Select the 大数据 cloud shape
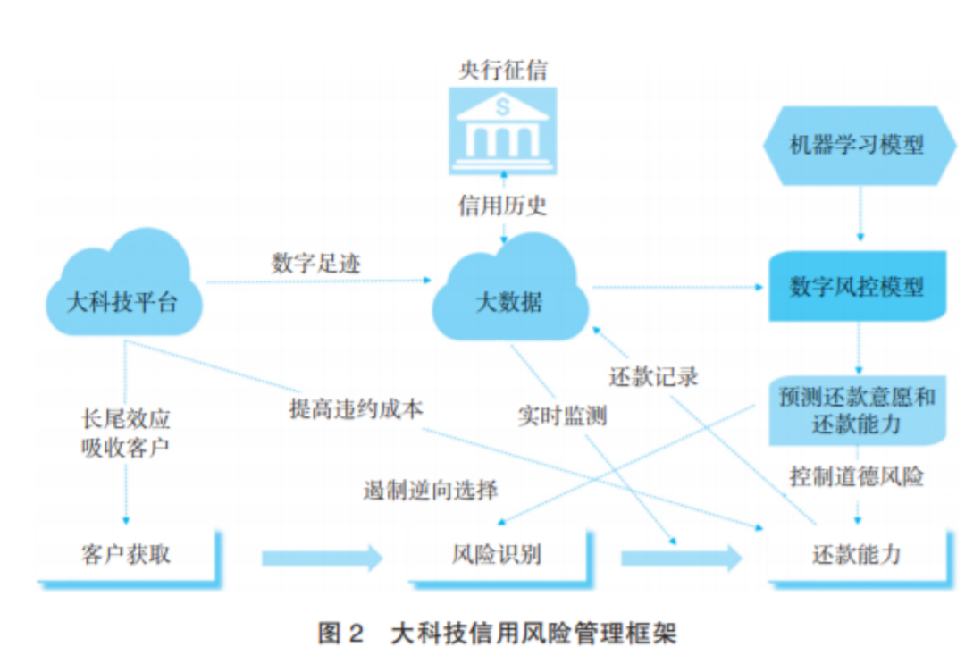pos(508,295)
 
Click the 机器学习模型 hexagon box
pos(856,145)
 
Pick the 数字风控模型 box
pos(856,287)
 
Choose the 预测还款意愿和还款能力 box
pos(856,410)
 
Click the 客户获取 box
pos(126,555)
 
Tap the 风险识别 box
pos(497,555)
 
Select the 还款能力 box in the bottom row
pos(856,555)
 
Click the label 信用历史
pos(502,206)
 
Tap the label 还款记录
pos(653,376)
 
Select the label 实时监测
pos(562,416)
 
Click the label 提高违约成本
pos(356,408)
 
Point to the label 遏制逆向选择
pos(431,490)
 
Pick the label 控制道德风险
pos(856,476)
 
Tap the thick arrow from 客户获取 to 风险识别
pos(322,558)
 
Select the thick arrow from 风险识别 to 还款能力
pos(681,558)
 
